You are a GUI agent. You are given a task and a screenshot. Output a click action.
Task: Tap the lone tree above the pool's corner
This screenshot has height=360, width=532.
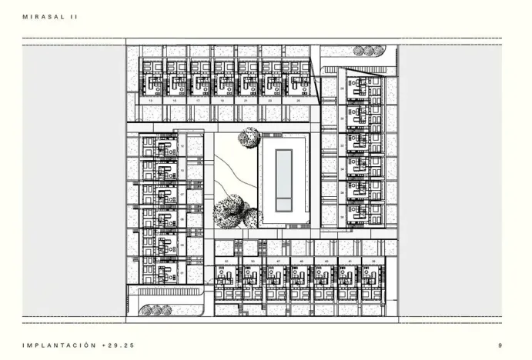click(x=249, y=138)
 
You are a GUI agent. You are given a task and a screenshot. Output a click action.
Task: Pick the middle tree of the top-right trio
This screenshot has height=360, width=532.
click(x=369, y=51)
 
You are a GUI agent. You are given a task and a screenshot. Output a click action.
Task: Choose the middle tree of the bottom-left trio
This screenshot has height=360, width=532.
click(x=154, y=311)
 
